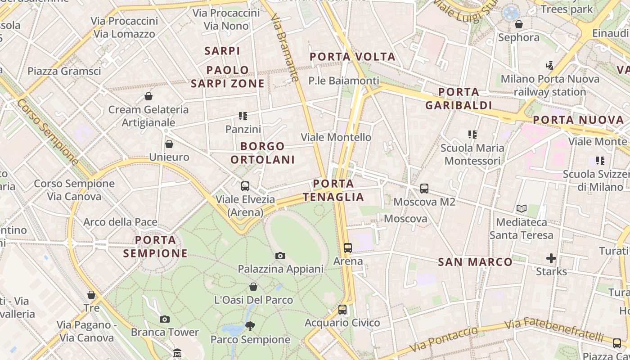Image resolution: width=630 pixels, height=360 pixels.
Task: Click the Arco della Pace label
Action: [120, 222]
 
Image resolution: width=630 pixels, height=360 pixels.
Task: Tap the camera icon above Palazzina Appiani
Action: [280, 256]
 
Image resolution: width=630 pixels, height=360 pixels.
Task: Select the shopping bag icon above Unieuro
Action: [169, 144]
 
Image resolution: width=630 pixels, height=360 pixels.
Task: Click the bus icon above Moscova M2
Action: [424, 189]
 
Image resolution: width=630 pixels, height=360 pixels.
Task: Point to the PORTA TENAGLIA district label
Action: [333, 190]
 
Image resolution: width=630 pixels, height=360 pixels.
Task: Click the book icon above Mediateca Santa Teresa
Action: [522, 209]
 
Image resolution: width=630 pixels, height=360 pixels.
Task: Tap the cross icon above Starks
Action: [551, 258]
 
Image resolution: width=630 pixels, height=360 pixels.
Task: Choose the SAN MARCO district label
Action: [475, 262]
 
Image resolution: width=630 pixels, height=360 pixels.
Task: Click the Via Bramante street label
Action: [285, 47]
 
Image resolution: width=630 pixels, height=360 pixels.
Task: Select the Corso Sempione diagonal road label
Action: [48, 132]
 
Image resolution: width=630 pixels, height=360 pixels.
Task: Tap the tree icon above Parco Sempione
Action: [250, 326]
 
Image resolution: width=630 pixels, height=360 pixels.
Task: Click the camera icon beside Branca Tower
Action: [165, 319]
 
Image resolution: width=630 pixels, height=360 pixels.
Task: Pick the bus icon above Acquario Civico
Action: [342, 310]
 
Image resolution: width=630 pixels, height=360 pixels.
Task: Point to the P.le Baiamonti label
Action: [344, 81]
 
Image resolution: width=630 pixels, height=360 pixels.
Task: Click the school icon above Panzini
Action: [243, 116]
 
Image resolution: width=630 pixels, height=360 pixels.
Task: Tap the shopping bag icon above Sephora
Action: [519, 24]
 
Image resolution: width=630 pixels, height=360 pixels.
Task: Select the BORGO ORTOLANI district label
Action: [263, 153]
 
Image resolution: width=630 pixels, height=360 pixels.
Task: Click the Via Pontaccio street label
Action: [444, 340]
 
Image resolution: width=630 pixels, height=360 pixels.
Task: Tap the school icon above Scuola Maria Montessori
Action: [472, 135]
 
